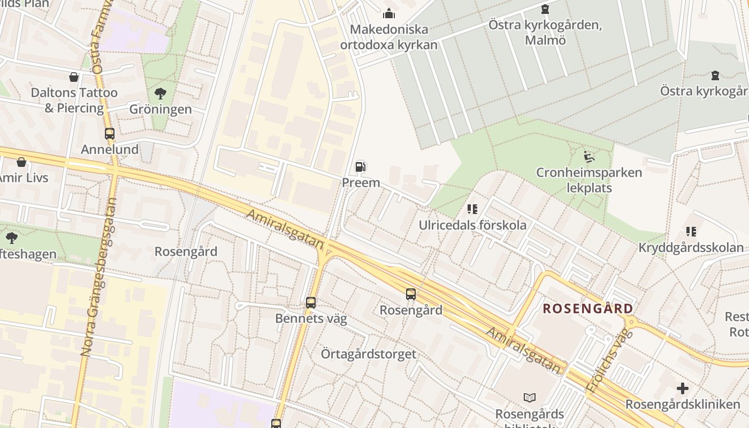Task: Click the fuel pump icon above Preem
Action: coord(361,167)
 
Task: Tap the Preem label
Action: coord(361,182)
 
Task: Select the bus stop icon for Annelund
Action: coord(110,134)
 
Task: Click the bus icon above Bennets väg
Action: coord(311,303)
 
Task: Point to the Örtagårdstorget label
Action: coord(368,354)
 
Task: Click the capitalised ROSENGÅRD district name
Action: coord(588,309)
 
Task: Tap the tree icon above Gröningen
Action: coord(160,94)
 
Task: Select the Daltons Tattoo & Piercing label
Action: coord(74,100)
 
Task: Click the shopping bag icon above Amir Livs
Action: coord(21,162)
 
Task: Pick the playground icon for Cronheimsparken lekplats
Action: coord(589,157)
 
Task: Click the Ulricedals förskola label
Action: coord(472,225)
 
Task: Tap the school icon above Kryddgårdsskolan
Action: coord(691,232)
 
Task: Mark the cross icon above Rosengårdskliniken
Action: coord(683,388)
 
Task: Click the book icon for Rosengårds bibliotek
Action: coord(530,398)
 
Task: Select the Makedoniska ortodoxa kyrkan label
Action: coord(389,37)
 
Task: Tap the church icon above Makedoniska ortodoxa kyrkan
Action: coord(389,13)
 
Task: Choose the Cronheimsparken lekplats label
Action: coord(589,180)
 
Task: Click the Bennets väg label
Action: coord(311,319)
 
